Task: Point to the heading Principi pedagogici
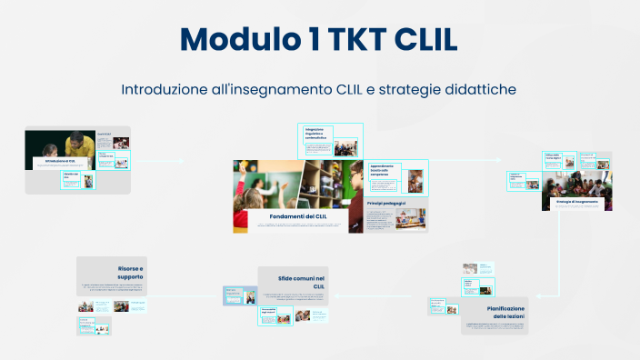click(386, 204)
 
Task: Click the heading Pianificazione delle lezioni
click(498, 314)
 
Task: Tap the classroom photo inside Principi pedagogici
click(410, 218)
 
